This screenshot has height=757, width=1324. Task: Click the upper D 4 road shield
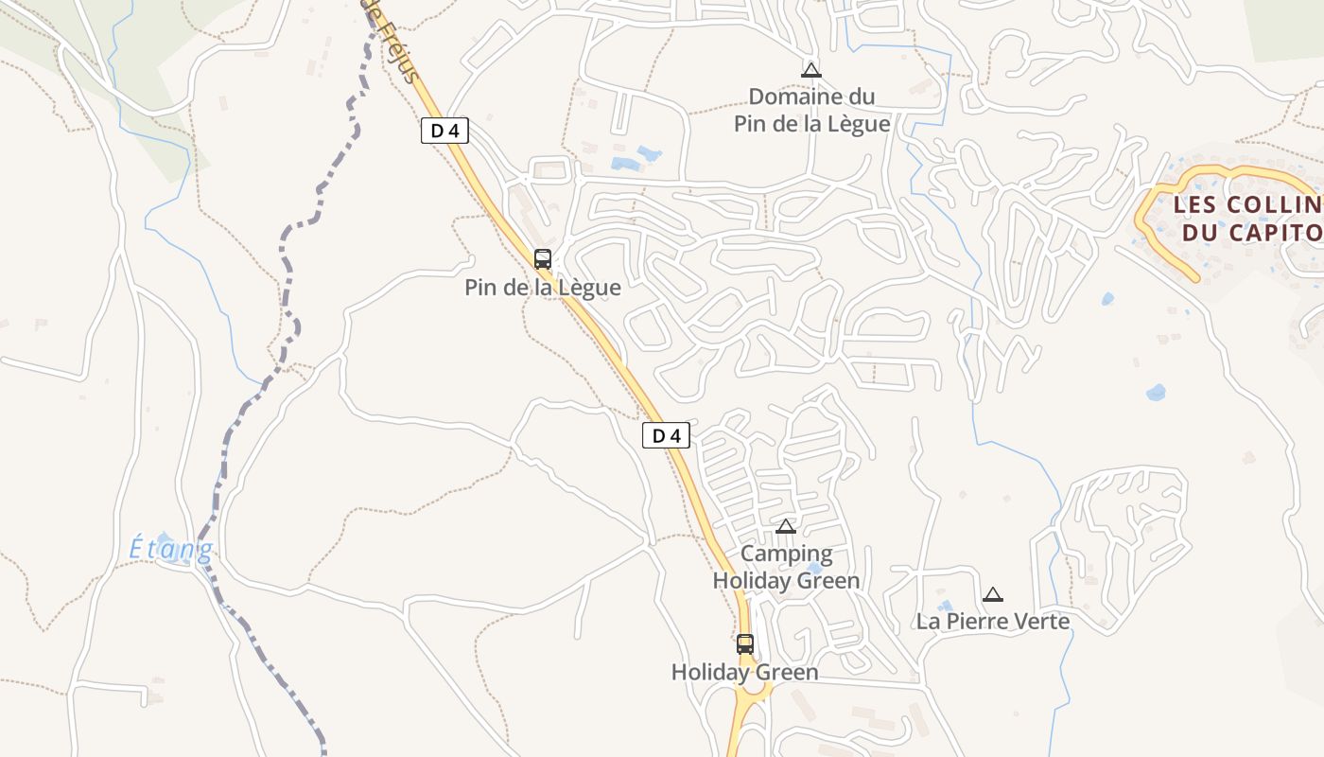pos(444,131)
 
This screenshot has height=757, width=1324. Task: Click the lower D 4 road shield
pos(667,435)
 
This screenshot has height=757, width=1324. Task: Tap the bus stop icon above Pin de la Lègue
pos(543,259)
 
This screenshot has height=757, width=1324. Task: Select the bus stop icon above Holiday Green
pos(745,644)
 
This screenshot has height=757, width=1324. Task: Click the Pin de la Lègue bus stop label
pos(543,288)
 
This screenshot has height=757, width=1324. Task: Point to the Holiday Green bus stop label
pos(745,673)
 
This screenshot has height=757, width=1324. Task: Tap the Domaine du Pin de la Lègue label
pos(812,110)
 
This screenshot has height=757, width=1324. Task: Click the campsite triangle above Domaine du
pos(810,70)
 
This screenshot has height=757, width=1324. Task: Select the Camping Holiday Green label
pos(786,567)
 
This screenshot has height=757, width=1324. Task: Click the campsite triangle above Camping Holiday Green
pos(786,527)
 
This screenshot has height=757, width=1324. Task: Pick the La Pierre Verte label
pos(992,622)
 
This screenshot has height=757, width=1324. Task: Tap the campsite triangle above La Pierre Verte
pos(992,595)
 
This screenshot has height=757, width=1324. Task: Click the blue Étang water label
pos(171,549)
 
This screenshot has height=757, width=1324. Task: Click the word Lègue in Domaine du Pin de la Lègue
pos(858,124)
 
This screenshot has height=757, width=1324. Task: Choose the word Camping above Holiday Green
pos(786,554)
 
